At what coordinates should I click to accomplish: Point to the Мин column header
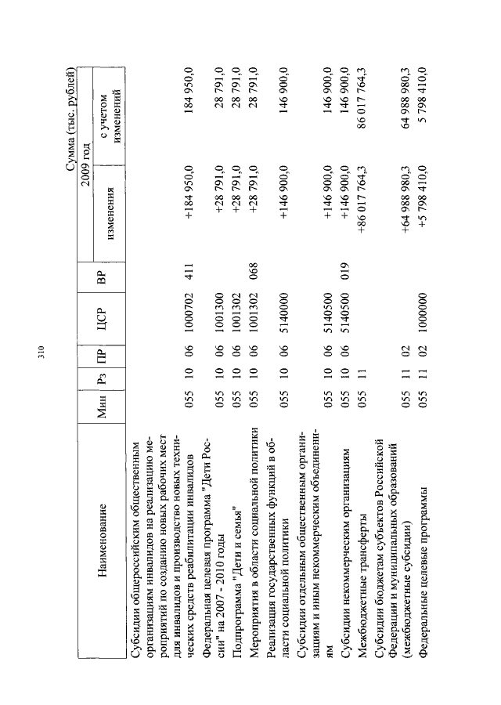click(106, 407)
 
